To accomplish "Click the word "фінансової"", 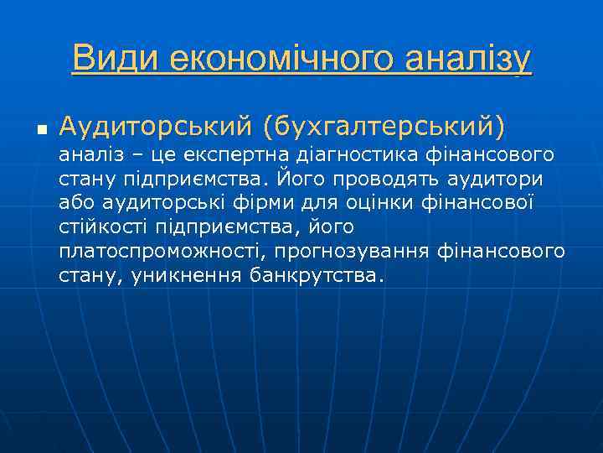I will coord(486,203).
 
